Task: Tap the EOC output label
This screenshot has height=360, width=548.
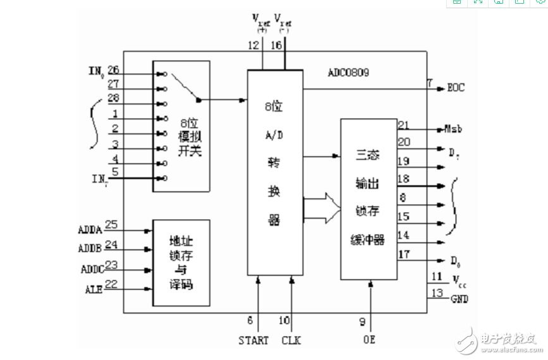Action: coord(455,88)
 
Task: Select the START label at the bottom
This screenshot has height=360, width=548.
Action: coord(253,340)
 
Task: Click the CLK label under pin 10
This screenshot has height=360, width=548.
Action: coord(291,340)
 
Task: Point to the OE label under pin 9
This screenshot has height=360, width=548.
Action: coord(369,340)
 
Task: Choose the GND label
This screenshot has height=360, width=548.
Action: coord(460,299)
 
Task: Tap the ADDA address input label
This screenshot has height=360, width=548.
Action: coord(90,228)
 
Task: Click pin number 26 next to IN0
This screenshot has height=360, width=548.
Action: coord(114,69)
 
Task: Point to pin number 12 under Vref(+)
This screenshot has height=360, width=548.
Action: coord(254,45)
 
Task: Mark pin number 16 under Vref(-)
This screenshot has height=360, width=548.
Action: coord(277,45)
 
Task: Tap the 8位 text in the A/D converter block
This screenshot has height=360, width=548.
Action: coord(274,107)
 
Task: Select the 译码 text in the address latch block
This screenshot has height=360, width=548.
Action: coord(181,285)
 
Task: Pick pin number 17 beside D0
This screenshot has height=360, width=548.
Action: coord(404,255)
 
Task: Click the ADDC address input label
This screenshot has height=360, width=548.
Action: coord(92,269)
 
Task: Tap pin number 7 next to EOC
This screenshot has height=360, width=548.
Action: coord(430,83)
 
